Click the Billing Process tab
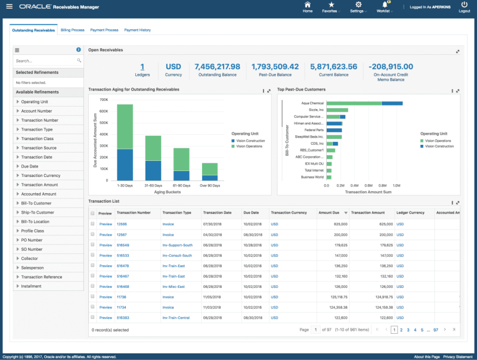72,30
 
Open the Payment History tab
137,30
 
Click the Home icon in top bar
308,7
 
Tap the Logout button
464,7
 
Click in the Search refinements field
45,61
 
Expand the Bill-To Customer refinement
36,203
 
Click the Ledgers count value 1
142,67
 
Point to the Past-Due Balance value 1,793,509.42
275,67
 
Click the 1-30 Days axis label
125,186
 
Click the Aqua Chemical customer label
312,103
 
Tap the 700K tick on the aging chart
103,100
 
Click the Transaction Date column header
217,213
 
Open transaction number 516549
123,245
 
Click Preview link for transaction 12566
106,224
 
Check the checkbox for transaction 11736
92,296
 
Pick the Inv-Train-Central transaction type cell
176,318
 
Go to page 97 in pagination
436,330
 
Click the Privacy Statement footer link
458,356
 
